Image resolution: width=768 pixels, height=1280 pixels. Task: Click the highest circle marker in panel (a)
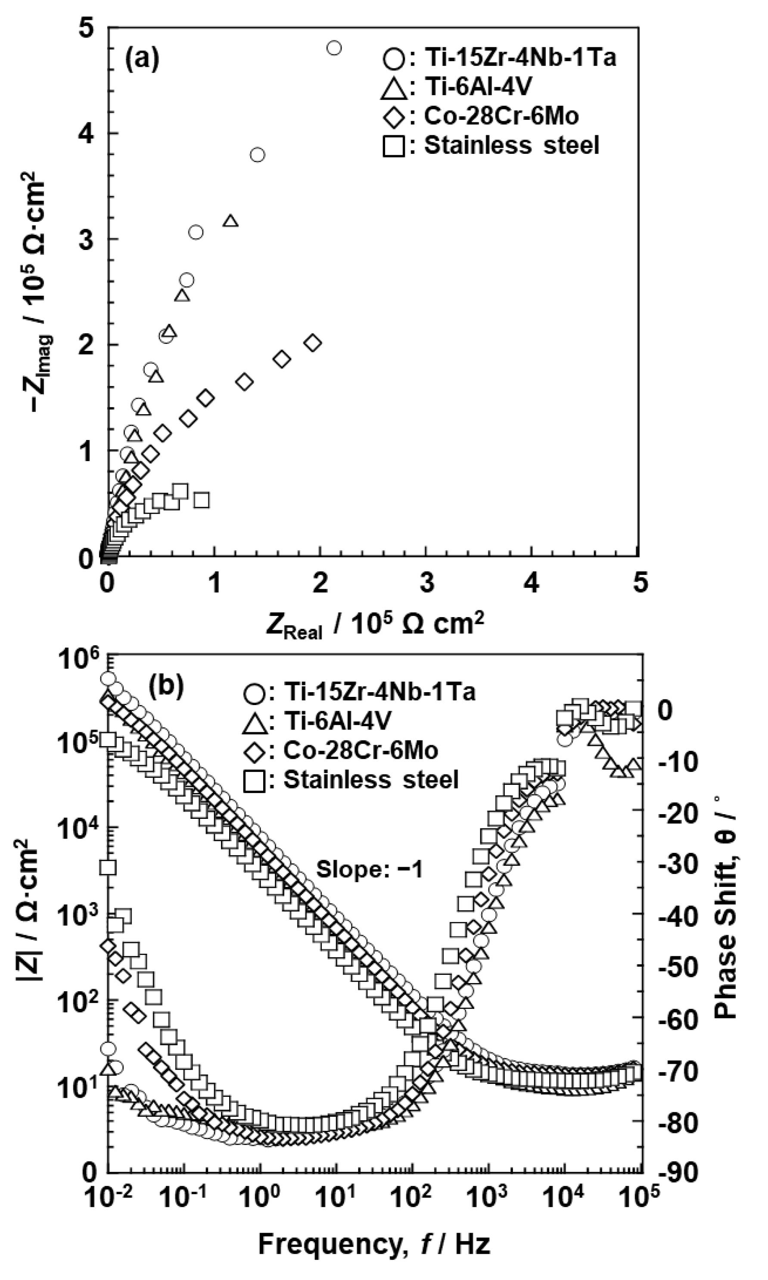(334, 48)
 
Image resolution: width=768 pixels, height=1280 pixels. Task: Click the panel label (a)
(142, 60)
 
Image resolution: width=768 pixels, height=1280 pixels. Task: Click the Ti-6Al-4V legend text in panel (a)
(478, 87)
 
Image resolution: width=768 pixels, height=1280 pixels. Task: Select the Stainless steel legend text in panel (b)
(370, 779)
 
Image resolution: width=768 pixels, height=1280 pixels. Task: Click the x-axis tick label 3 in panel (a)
(426, 583)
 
